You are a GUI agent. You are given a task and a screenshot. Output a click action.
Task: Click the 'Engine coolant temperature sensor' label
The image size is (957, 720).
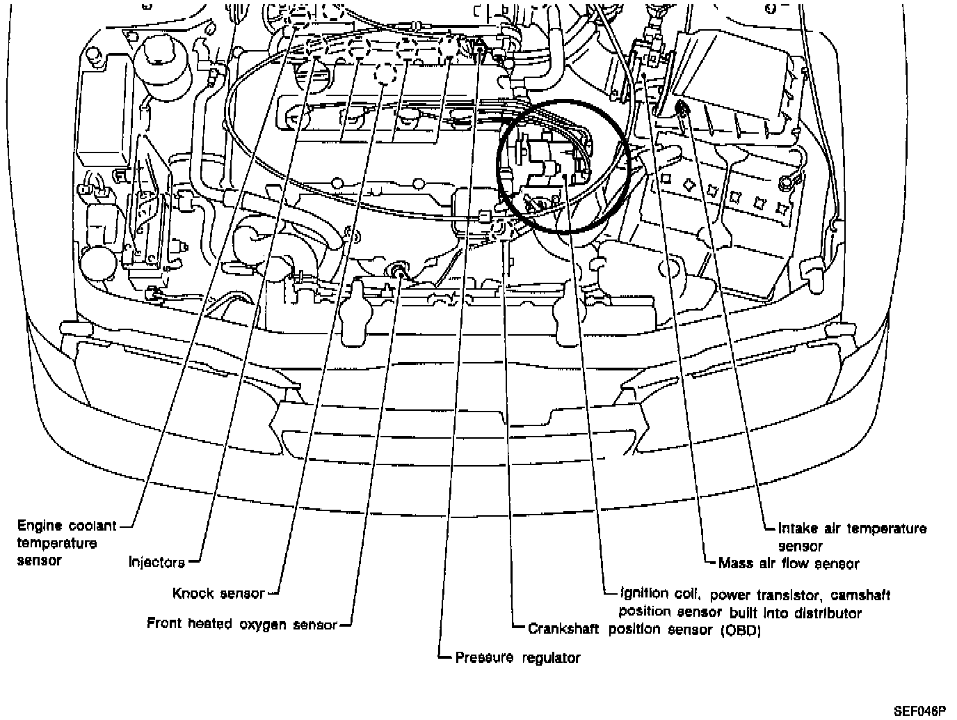tap(67, 542)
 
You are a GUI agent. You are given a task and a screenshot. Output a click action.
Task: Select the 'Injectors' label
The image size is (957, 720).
tap(157, 561)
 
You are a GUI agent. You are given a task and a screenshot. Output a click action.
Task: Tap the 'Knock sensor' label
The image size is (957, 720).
tap(218, 593)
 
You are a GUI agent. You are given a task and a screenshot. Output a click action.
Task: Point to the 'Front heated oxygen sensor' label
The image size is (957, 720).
tap(241, 624)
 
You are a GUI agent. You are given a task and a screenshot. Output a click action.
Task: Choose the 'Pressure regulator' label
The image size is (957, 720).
tap(517, 657)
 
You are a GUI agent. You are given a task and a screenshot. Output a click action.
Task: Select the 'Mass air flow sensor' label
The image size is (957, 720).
tap(789, 563)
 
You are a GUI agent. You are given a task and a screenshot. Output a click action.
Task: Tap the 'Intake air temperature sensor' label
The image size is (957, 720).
tap(852, 536)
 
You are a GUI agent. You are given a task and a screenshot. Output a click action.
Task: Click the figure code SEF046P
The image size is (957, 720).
tap(919, 711)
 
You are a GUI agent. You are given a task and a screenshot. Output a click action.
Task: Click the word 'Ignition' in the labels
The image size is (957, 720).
tap(644, 595)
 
